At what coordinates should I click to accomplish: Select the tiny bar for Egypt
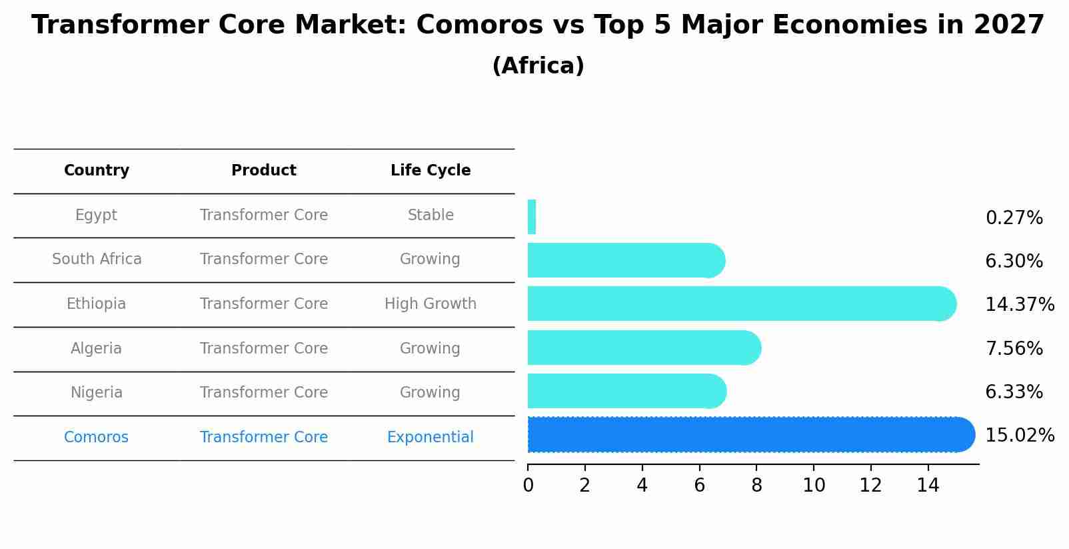532,217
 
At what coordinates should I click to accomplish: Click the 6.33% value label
1014,392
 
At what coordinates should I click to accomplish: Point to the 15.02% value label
1020,436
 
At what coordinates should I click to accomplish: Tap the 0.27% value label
1014,218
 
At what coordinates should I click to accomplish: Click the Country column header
97,171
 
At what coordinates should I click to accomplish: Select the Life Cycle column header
431,171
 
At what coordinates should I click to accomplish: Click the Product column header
264,171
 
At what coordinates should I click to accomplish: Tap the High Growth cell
431,304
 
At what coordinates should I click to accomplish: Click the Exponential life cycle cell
431,438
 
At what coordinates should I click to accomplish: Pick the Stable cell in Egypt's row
431,215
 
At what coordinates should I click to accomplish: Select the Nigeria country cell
97,393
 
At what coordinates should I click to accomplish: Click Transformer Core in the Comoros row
264,438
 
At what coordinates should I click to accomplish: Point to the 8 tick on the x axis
756,486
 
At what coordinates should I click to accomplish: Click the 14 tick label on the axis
928,486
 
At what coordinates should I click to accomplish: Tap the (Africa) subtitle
538,66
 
